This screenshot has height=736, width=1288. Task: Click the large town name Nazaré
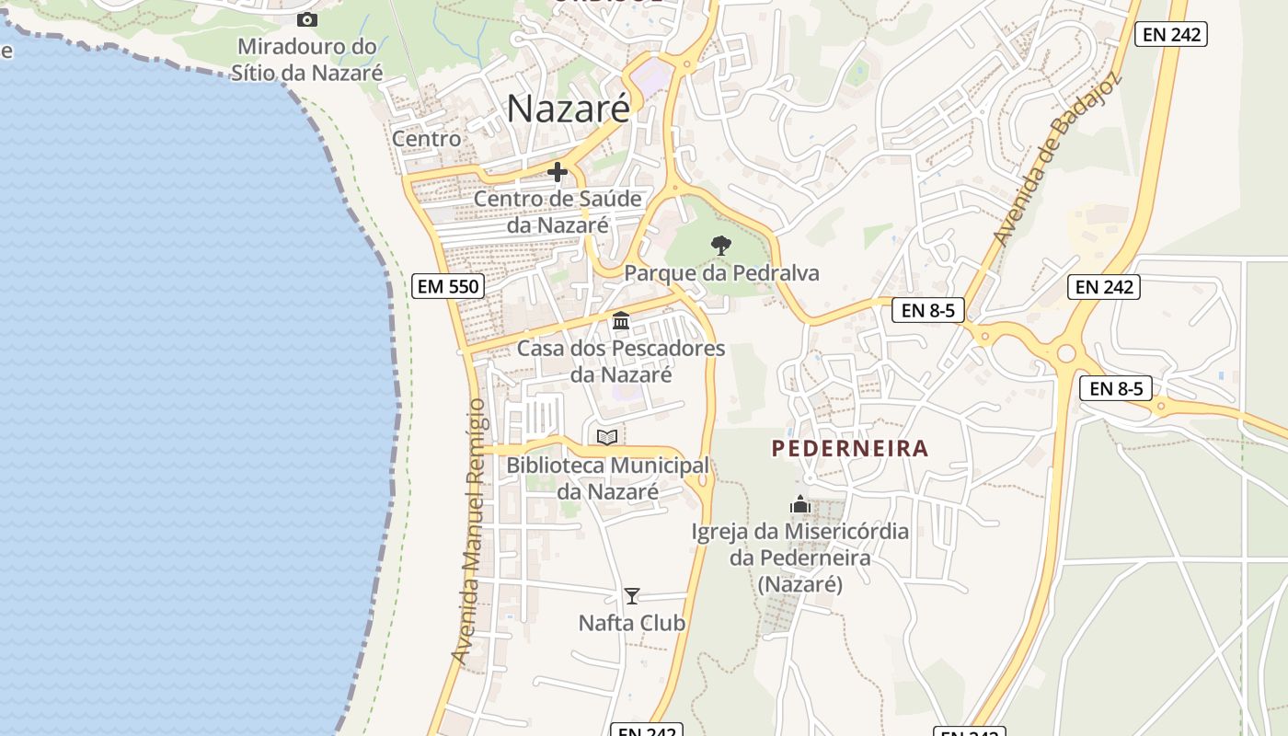569,109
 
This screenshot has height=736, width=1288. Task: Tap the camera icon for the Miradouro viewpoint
307,19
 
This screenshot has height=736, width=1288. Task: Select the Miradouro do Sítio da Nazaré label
307,59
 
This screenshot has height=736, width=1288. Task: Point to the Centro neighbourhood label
427,139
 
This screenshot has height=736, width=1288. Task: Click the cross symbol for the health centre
557,172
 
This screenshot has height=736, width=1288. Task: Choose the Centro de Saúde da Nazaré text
558,212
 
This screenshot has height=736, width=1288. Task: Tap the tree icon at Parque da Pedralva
721,245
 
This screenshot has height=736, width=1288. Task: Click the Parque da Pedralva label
721,273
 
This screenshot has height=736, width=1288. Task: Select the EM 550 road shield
448,286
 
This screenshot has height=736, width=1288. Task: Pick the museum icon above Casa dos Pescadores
621,321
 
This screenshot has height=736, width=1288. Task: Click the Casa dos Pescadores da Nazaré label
621,362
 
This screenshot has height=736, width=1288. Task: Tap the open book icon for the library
607,437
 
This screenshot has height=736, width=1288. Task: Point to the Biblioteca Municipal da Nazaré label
607,478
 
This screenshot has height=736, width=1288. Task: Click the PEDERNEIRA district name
850,449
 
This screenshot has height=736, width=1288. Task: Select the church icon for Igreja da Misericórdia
800,504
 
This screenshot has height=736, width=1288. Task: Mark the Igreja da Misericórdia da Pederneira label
800,558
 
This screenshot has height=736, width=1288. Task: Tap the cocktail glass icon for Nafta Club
632,595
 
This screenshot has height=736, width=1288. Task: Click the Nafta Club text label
632,623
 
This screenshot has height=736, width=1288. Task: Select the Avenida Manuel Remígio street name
468,531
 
